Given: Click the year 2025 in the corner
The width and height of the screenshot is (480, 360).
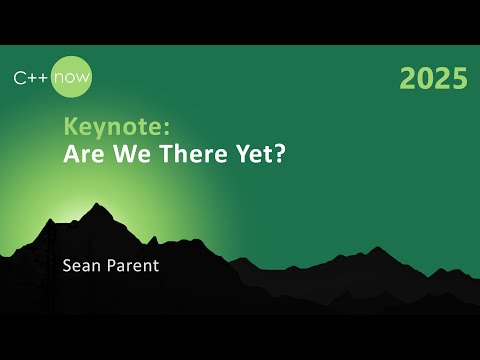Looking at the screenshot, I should tap(433, 79).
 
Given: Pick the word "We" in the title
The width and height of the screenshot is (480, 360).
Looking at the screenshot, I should tap(127, 154).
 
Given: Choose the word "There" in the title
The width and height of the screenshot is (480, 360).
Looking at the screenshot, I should tap(185, 154).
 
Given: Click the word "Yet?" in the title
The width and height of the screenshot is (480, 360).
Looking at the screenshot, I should tap(250, 154).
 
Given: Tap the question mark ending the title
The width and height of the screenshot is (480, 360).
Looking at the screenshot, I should tap(270, 154).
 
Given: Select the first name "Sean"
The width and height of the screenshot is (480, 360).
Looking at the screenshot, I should tap(81, 267).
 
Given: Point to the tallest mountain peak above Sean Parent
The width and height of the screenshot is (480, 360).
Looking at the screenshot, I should tap(96, 205).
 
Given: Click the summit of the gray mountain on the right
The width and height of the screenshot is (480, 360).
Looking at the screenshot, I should tap(377, 248).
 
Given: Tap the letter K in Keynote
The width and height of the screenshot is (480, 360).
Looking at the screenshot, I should tap(71, 127).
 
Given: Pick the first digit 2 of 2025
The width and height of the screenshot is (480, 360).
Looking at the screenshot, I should tap(408, 79).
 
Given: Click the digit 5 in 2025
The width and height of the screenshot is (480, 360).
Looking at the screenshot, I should tap(458, 79).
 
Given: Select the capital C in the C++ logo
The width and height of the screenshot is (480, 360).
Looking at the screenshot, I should tap(19, 76).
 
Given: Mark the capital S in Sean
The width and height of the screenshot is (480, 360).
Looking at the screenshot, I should tap(67, 267).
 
